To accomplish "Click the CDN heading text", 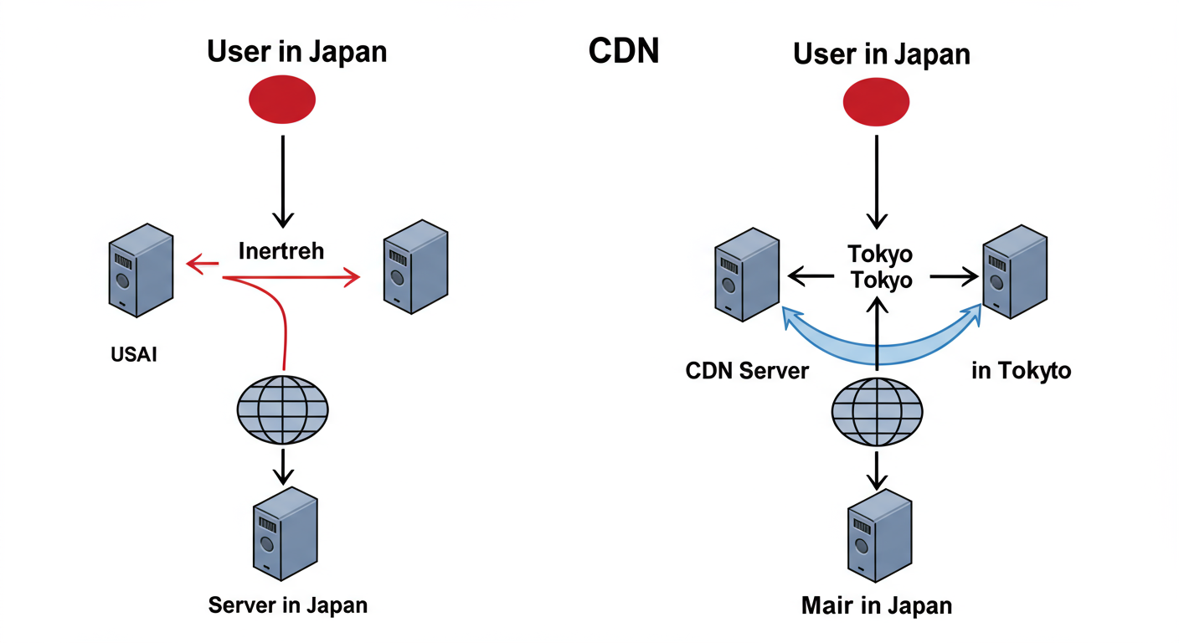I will (624, 51).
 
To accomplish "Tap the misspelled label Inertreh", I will (281, 250).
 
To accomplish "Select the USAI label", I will (134, 354).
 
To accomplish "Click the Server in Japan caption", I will (287, 604).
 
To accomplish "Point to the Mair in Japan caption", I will (876, 605).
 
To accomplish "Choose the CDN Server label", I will (747, 371).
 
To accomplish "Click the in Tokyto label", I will (1021, 370).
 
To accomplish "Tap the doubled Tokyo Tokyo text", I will (880, 267).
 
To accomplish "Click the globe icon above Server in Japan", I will (282, 409).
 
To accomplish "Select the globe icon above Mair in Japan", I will (877, 410).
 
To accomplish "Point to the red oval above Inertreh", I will (282, 100).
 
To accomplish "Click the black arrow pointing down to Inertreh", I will (283, 180).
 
